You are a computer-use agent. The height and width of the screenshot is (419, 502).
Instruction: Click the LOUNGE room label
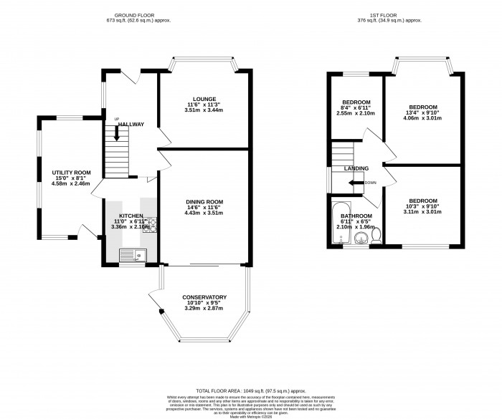click(x=204, y=99)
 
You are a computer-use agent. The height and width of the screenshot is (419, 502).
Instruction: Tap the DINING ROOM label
click(x=204, y=201)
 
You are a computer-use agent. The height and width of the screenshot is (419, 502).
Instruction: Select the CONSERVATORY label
click(x=204, y=297)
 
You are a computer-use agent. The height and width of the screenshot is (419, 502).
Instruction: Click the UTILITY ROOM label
click(x=71, y=173)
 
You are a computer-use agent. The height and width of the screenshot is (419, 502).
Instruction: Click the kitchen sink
click(x=131, y=253)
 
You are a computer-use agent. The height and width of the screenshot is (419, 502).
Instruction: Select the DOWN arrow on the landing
click(x=356, y=183)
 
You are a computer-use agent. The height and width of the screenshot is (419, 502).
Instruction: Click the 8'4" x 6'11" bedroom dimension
click(x=356, y=107)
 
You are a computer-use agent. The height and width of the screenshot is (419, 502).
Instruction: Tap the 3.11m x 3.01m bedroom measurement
click(x=422, y=212)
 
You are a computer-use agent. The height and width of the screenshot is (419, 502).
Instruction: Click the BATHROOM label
click(x=356, y=216)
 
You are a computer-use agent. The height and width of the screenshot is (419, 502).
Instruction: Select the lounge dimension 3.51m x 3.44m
click(x=204, y=110)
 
